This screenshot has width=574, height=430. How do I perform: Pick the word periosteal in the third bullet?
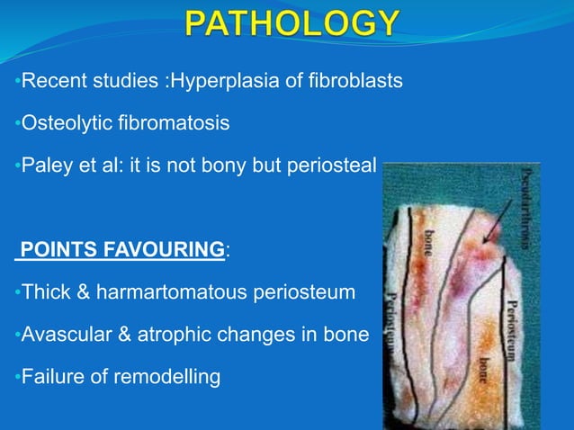click(332, 166)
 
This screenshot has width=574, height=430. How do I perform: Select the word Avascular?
click(64, 335)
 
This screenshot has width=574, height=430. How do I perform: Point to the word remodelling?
click(168, 376)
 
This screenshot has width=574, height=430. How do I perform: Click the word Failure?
click(50, 376)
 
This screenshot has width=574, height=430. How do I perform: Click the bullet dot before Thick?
click(17, 293)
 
